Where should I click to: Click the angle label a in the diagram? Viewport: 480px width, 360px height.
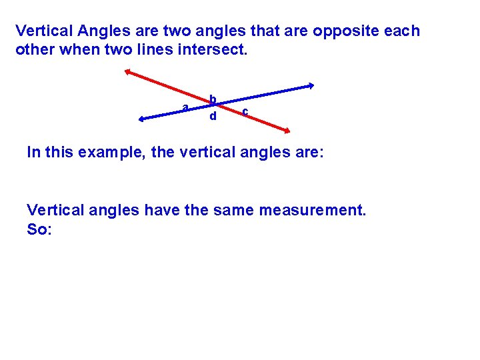click(186, 107)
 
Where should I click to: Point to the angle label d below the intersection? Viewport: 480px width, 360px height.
click(213, 117)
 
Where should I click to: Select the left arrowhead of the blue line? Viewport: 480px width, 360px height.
click(141, 120)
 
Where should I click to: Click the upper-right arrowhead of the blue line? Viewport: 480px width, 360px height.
click(311, 85)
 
